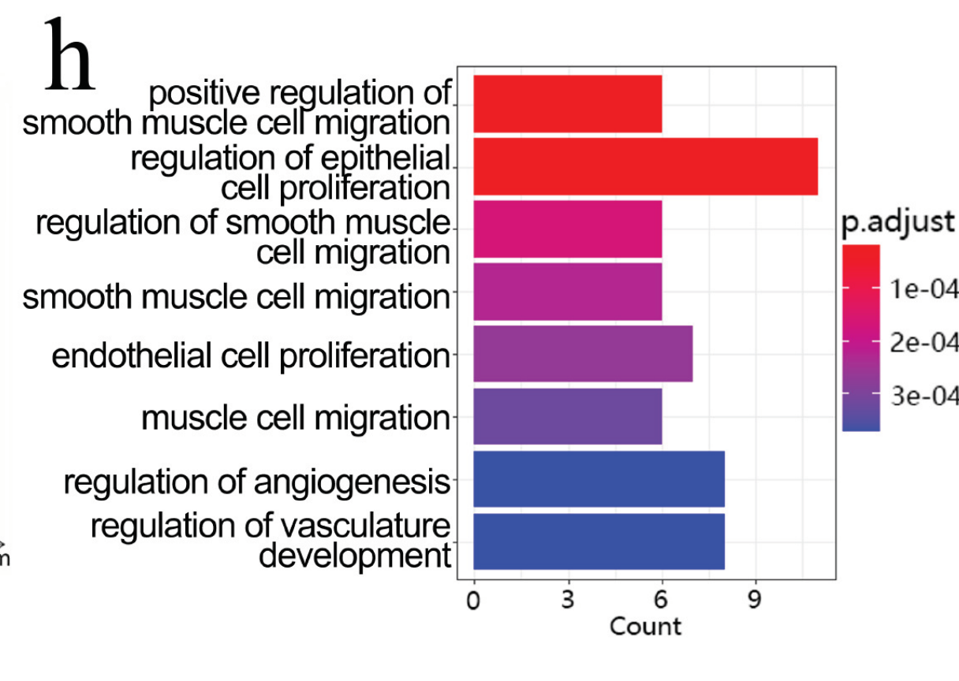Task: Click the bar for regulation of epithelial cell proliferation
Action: (x=645, y=166)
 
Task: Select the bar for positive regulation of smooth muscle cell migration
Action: (x=567, y=104)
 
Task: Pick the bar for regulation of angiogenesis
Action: (x=599, y=479)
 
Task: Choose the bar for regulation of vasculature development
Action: (x=599, y=541)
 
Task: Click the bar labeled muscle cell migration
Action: (x=567, y=416)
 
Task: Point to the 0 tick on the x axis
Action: (x=473, y=601)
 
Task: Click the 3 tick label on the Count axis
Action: (x=568, y=601)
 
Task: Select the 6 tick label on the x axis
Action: (x=662, y=601)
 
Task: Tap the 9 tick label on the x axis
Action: (x=756, y=601)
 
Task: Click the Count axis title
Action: (x=645, y=627)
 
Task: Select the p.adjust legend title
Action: (x=897, y=222)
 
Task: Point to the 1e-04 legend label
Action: (x=924, y=289)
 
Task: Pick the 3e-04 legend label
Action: (x=924, y=396)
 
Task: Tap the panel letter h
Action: (x=69, y=55)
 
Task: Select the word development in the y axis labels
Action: (x=354, y=556)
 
